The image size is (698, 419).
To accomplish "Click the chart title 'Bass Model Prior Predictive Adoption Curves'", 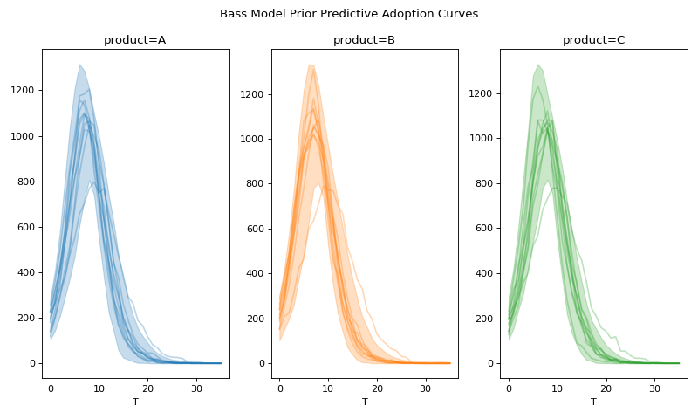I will coord(349,14).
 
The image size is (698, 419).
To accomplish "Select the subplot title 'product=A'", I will coord(134,40).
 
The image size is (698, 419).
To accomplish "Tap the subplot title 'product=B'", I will coord(364,40).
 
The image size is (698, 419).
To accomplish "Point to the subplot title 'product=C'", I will coord(593,40).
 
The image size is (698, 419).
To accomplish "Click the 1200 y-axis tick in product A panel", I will coord(24,91).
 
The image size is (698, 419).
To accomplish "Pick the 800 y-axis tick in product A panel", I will coord(27,182).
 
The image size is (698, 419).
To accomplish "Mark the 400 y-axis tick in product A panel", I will coord(27,272).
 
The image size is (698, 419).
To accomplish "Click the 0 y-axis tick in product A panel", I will coord(33,363).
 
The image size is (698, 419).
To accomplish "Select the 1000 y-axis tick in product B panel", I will coord(254,139).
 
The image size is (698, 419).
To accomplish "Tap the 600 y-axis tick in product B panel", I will coord(257,229).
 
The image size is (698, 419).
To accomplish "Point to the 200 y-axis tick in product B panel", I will coord(257,319).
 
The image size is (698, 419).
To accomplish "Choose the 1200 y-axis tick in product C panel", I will coord(482,93).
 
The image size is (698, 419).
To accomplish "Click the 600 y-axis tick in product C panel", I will coord(485,229).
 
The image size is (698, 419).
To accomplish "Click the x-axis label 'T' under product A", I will coord(135,402).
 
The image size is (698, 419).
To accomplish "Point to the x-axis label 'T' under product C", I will coord(593,402).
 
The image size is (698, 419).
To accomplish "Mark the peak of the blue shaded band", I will coord(79,65).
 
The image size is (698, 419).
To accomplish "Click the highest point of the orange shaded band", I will coord(310,65).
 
